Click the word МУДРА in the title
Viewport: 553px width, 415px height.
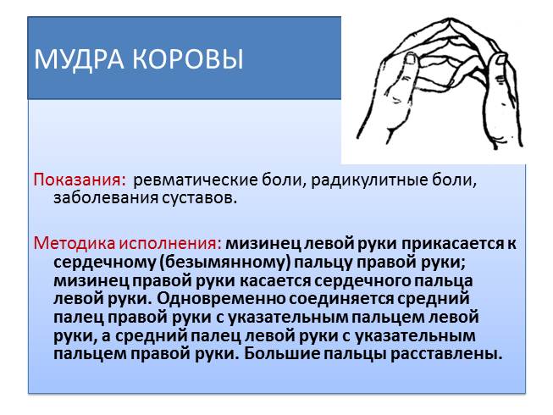pos(80,59)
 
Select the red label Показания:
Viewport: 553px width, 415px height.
pos(80,180)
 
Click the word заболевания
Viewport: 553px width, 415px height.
pos(105,198)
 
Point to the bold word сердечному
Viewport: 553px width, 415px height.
pos(104,263)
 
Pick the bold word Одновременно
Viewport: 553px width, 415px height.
pos(221,299)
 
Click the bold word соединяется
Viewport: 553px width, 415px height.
pos(340,300)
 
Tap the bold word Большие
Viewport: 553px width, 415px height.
pos(281,354)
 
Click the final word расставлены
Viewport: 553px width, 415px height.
pos(446,354)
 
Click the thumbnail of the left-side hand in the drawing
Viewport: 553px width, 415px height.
pos(410,58)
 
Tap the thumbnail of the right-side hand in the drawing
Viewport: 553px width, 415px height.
pos(500,58)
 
